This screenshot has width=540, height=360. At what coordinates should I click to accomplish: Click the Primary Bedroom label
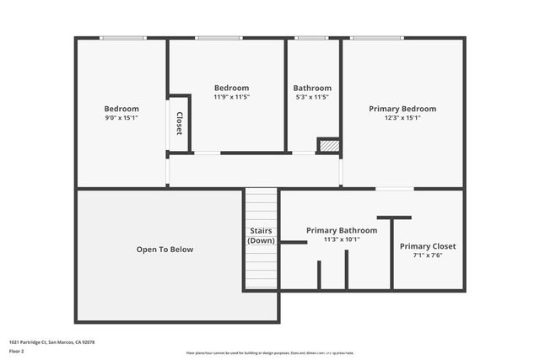(402, 109)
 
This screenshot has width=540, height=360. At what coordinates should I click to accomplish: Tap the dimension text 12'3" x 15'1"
(402, 118)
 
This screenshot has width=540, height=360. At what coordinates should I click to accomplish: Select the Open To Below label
(165, 250)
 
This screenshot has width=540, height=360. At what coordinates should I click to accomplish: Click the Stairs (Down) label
(261, 236)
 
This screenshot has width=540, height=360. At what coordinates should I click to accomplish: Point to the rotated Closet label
(179, 124)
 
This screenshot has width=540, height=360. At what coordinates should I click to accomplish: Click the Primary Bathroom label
(335, 230)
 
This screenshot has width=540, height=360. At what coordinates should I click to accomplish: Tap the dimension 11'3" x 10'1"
(335, 239)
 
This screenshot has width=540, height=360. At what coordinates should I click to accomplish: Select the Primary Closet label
(428, 246)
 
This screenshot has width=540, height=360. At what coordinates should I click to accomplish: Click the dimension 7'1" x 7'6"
(428, 255)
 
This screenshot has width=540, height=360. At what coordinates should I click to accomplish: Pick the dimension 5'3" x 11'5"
(312, 97)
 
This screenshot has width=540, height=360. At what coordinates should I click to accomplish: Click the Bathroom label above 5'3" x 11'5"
(312, 88)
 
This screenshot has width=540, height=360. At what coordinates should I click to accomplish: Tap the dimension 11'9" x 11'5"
(231, 97)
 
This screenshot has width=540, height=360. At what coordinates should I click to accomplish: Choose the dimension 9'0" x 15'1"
(121, 118)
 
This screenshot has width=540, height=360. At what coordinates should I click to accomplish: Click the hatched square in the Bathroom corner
(328, 146)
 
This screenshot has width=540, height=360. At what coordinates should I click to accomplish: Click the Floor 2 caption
(18, 352)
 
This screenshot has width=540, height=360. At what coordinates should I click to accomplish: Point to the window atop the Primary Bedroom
(376, 38)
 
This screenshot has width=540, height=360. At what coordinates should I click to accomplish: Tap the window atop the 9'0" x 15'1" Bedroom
(122, 38)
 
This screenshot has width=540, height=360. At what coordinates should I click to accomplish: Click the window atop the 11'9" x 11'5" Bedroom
(219, 38)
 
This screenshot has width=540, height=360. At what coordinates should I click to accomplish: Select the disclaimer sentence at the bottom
(270, 352)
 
